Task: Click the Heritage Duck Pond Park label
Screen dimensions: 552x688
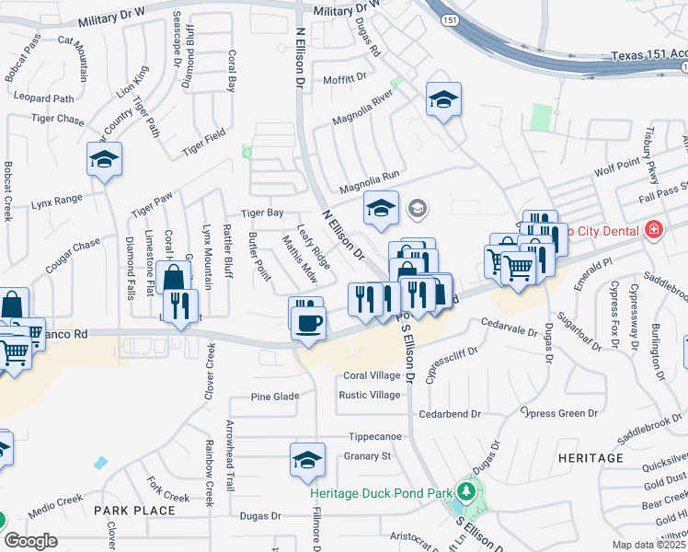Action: click(381, 493)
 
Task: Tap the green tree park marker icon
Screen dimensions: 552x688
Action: click(465, 491)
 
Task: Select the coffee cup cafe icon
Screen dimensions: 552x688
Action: click(307, 323)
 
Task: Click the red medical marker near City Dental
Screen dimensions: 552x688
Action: click(654, 229)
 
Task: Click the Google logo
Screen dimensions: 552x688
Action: click(30, 541)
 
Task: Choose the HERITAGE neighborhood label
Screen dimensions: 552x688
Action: click(591, 457)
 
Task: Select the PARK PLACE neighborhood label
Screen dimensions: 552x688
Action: click(134, 510)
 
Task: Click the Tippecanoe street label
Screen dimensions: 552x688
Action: click(375, 436)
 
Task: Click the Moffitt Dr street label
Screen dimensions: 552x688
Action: click(345, 80)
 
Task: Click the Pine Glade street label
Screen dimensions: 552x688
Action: click(276, 397)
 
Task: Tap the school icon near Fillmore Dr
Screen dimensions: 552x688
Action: click(307, 460)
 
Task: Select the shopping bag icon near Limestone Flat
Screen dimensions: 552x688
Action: click(174, 276)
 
